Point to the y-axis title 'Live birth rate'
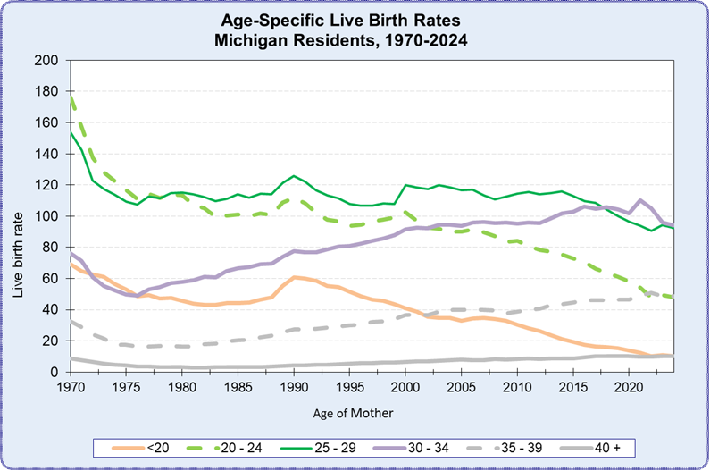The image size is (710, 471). point(19,216)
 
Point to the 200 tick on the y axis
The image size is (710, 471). point(49,61)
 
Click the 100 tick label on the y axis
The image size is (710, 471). point(49,216)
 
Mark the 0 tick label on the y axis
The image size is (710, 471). point(55,372)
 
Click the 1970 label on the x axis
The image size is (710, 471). point(71,387)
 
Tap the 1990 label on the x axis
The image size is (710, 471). point(294,387)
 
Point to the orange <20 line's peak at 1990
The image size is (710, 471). point(294,277)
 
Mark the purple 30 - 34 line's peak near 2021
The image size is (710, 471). point(640,200)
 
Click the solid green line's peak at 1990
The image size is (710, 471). point(294,176)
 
